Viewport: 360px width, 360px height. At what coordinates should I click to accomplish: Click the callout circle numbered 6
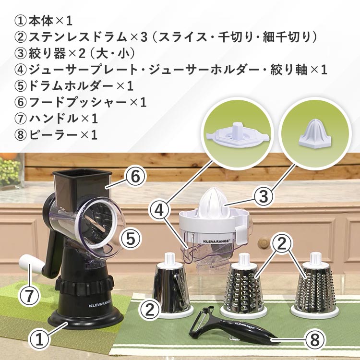[135, 177]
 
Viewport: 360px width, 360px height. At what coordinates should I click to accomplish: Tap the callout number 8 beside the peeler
[315, 339]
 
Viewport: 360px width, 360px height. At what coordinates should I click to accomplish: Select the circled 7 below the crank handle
[29, 296]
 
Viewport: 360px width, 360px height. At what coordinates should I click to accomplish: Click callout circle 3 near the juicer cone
[264, 196]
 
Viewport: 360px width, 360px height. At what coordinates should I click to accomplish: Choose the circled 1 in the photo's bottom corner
[39, 339]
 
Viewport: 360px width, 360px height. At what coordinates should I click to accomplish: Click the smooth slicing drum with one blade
[171, 286]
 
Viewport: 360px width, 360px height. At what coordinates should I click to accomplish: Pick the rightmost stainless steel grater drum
[314, 285]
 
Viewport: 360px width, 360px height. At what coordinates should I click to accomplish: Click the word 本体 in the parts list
[42, 21]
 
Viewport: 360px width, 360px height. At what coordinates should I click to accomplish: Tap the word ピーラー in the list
[53, 134]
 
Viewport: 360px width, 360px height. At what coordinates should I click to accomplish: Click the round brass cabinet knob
[264, 241]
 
